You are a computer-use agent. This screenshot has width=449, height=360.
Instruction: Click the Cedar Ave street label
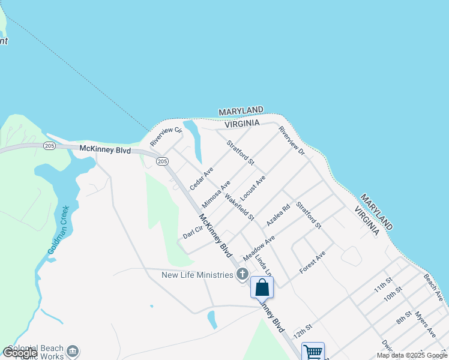pyautogui.click(x=202, y=179)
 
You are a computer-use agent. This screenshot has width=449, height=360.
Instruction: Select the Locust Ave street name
pyautogui.click(x=253, y=188)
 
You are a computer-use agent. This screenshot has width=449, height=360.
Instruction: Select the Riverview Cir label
pyautogui.click(x=166, y=136)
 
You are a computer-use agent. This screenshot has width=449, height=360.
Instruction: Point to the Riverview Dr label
pyautogui.click(x=292, y=141)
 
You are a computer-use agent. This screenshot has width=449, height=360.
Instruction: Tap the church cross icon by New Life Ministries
pyautogui.click(x=243, y=275)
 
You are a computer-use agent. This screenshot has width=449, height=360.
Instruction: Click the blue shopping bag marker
pyautogui.click(x=262, y=287)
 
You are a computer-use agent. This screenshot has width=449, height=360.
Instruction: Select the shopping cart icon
pyautogui.click(x=313, y=352)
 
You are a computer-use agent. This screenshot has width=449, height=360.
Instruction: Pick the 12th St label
pyautogui.click(x=303, y=331)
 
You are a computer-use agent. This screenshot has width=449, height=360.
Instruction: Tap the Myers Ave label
pyautogui.click(x=424, y=324)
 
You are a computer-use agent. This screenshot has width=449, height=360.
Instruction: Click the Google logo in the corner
pyautogui.click(x=20, y=353)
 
